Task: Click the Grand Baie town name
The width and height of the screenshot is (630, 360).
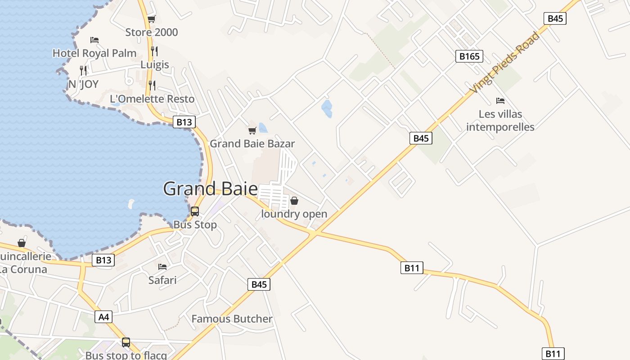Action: point(210,189)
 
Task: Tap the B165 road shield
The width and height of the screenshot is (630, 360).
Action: point(469,56)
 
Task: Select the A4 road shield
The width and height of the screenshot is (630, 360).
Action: point(104,317)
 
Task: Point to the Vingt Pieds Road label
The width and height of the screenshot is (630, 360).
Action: point(504,63)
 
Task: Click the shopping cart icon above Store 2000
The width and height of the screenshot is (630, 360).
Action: point(152,19)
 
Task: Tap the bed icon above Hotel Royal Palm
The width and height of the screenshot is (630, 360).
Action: point(94,40)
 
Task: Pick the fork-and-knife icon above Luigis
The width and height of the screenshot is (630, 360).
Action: point(154,51)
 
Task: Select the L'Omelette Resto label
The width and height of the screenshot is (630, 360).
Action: point(152,99)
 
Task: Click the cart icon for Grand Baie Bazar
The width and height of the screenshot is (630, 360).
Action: point(252,131)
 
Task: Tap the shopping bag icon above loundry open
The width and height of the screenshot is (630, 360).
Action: point(294,201)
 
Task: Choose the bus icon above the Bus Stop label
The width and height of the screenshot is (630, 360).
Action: point(195,211)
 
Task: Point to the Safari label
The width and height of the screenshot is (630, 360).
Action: point(162,280)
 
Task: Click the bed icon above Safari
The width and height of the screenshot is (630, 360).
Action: point(162,267)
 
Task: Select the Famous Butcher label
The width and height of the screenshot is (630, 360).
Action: point(232,319)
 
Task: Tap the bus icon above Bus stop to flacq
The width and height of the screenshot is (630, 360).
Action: point(126,342)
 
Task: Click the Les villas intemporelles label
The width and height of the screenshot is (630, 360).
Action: point(500,121)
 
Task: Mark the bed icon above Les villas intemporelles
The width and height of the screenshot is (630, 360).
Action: point(500,100)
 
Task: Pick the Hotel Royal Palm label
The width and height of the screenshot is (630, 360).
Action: point(94,53)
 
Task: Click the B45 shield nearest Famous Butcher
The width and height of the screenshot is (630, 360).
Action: point(259,284)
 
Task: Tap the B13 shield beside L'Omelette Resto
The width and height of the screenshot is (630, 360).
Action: point(184,122)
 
